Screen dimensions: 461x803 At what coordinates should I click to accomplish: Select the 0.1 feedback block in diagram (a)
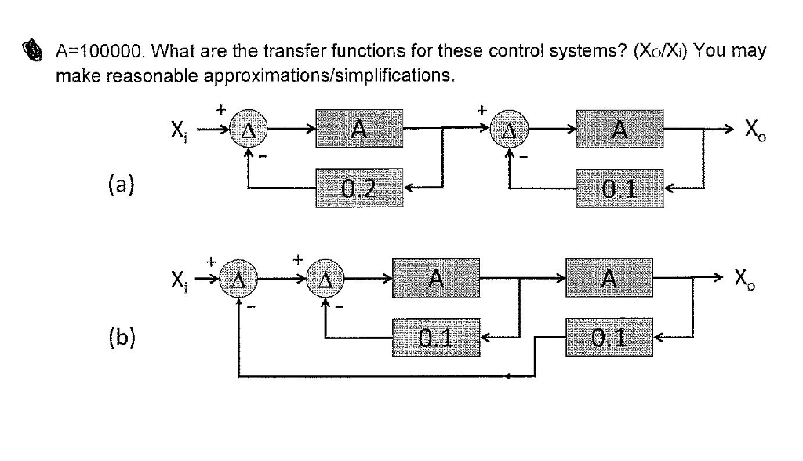point(620,188)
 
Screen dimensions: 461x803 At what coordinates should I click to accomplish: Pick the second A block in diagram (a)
point(620,129)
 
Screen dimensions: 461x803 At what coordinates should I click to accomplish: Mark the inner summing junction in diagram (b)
point(324,279)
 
